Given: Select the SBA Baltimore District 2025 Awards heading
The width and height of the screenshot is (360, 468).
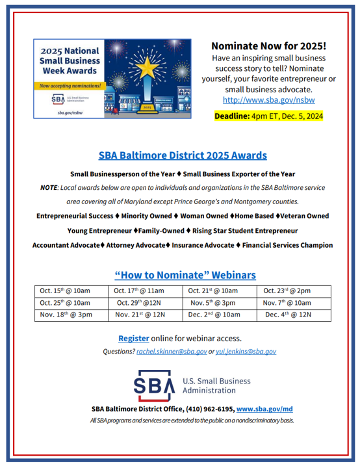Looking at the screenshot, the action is (182, 156).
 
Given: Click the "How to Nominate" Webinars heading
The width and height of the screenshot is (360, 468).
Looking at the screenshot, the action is (185, 275).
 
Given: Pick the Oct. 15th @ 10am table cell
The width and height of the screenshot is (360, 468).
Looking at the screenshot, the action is (65, 291).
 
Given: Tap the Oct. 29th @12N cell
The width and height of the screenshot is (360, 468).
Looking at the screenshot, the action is (139, 302).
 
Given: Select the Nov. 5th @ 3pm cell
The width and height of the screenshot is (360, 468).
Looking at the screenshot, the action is (213, 302).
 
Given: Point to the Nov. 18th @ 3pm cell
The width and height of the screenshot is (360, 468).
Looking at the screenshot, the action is (66, 315).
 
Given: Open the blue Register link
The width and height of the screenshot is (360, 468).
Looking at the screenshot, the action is (133, 338).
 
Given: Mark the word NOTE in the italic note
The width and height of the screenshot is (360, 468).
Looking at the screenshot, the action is (49, 187).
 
